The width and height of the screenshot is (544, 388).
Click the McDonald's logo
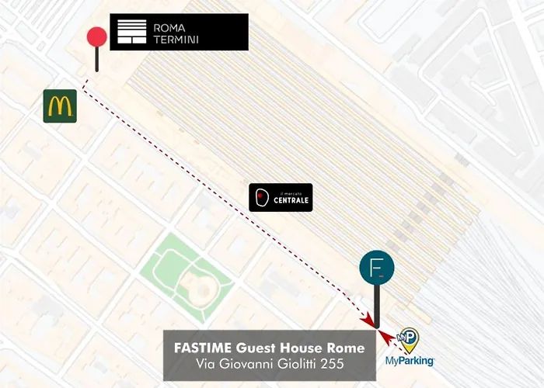point(60,106)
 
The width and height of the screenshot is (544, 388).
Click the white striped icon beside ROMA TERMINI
point(131,33)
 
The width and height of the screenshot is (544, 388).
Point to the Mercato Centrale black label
point(281,198)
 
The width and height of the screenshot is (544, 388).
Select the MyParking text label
point(410,361)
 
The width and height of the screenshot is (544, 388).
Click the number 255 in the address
point(333,364)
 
